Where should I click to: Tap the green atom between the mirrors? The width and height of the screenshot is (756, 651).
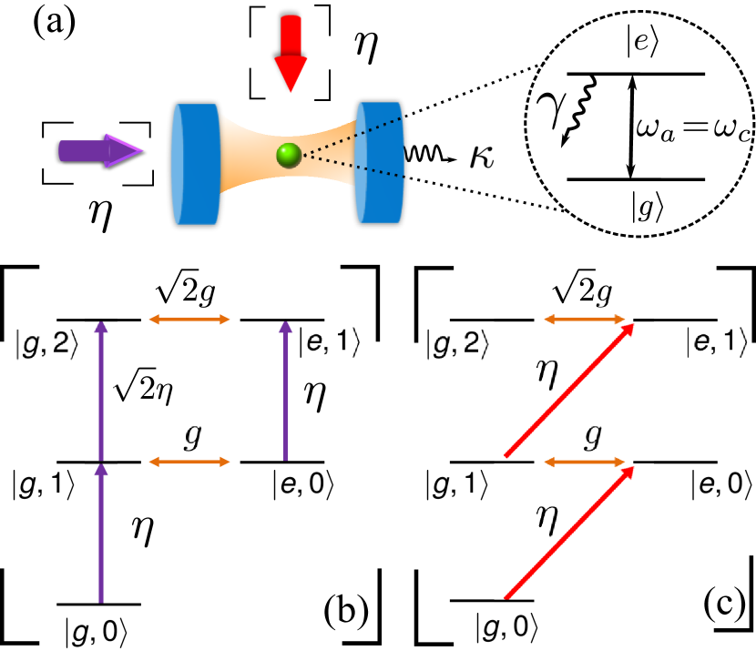tap(289, 156)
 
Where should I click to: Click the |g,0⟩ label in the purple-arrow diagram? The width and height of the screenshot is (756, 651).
tap(97, 632)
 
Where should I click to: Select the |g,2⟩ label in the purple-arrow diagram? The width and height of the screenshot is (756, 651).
tap(45, 346)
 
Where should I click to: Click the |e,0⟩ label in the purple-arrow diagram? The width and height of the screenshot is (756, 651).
tap(304, 485)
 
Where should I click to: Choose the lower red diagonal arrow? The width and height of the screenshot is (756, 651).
tap(569, 533)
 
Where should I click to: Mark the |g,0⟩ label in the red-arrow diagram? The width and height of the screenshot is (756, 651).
tap(507, 627)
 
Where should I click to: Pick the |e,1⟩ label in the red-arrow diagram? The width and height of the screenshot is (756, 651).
tap(718, 341)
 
